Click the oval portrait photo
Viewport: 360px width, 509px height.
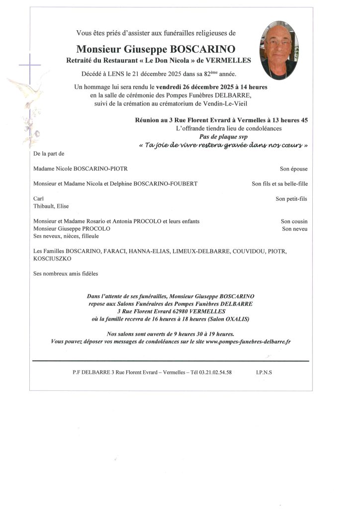279,50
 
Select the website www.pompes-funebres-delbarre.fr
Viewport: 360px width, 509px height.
248,341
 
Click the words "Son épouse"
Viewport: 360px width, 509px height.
294,169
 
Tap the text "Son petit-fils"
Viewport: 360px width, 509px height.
292,199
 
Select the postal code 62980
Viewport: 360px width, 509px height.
178,311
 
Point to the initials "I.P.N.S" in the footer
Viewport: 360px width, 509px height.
264,372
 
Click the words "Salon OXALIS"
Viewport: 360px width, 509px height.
233,318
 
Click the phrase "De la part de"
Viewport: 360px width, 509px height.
49,154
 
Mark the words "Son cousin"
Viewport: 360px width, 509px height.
294,221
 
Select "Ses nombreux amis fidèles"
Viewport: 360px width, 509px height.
66,274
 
